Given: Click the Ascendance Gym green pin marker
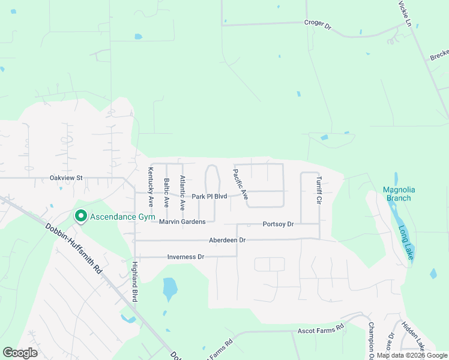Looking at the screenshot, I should [x=80, y=215].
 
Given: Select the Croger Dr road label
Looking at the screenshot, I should [x=318, y=25].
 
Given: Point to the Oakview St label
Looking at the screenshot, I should [x=66, y=178].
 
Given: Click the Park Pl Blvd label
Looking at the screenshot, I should [x=209, y=197].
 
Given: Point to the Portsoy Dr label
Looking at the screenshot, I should [x=278, y=224].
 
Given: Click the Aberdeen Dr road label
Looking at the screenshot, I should [x=228, y=240].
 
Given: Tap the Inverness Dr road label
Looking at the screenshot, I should [x=185, y=257].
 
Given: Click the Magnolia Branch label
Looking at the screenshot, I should [x=399, y=194].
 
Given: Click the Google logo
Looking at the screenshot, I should [x=20, y=353].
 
